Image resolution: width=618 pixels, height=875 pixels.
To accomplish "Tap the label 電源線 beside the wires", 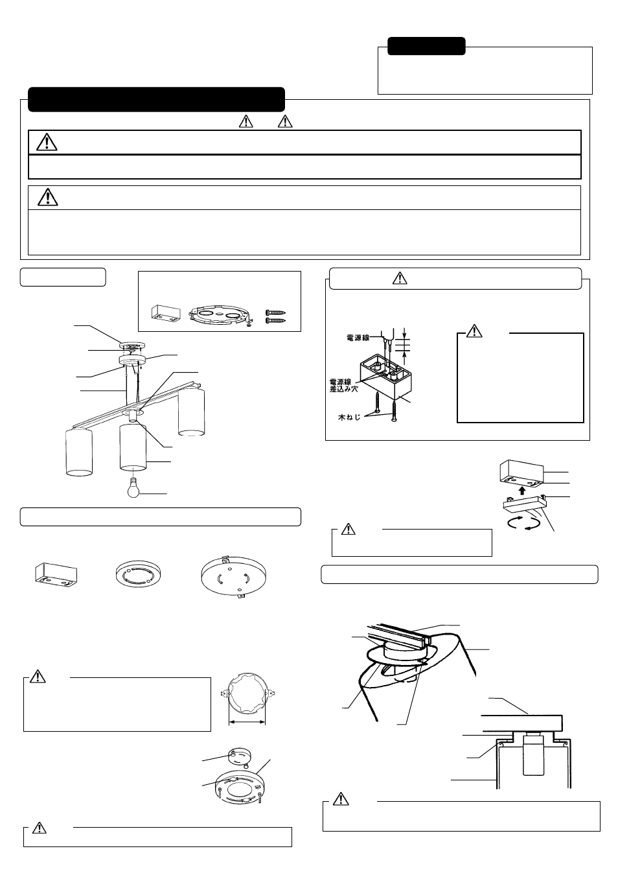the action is click(358, 338).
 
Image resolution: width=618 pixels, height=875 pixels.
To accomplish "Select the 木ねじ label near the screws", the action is click(349, 418).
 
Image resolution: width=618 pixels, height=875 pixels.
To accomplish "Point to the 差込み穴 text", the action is click(341, 390).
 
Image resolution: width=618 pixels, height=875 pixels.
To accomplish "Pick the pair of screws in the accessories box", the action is click(275, 316).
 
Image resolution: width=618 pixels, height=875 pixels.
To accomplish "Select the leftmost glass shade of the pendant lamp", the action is click(79, 452).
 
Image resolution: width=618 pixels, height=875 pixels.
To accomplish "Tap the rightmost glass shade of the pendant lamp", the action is click(191, 412).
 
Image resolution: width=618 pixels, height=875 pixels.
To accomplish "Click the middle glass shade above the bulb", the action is click(133, 446).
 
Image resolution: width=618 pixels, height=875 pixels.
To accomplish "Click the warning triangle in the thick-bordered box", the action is click(47, 142).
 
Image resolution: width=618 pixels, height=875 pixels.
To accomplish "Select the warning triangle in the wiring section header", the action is click(400, 278).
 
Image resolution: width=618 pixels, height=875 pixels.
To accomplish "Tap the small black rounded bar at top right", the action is click(426, 46).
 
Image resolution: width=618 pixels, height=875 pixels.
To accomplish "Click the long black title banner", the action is click(156, 99).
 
